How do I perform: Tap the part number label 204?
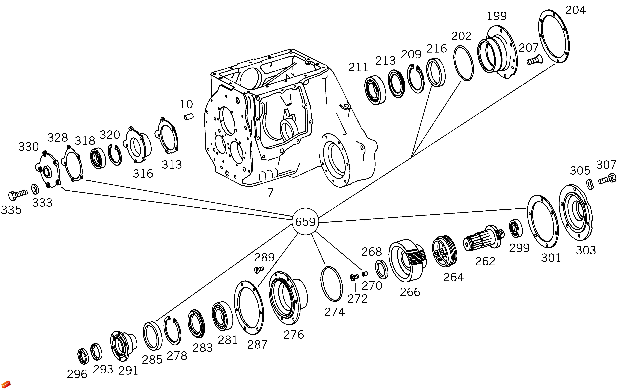tap(575, 10)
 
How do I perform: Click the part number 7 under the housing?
tap(270, 193)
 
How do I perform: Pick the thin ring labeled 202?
tap(463, 63)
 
